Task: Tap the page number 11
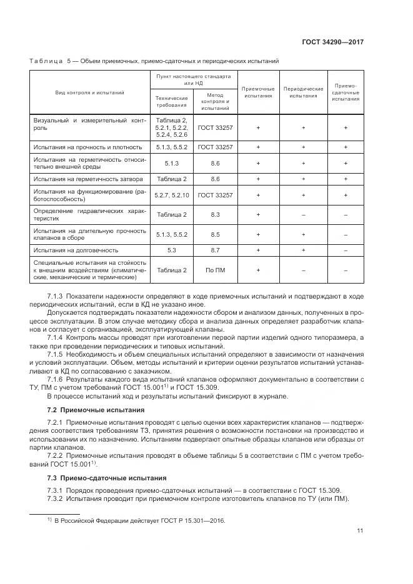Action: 360,531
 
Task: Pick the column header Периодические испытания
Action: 303,92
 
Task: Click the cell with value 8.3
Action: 215,214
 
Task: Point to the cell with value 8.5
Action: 215,234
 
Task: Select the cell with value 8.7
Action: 215,250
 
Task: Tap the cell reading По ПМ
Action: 215,270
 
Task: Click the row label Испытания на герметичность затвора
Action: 84,179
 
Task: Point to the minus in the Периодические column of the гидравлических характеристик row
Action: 303,214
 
